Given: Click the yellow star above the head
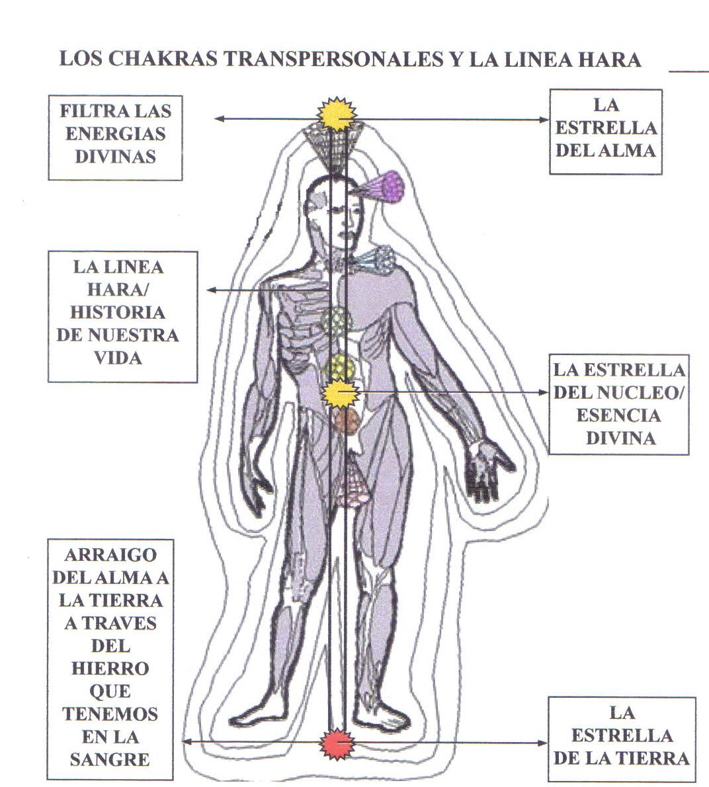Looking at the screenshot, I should (339, 114).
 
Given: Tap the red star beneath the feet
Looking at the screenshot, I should (338, 744).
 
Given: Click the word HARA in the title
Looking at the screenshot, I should (610, 60).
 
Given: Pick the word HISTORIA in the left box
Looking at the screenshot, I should (118, 312).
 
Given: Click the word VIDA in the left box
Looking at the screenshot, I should (119, 357).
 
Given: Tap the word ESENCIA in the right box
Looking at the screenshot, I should (618, 415).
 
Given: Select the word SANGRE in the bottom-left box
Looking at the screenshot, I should (110, 759).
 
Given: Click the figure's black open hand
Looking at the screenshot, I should (487, 470).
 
